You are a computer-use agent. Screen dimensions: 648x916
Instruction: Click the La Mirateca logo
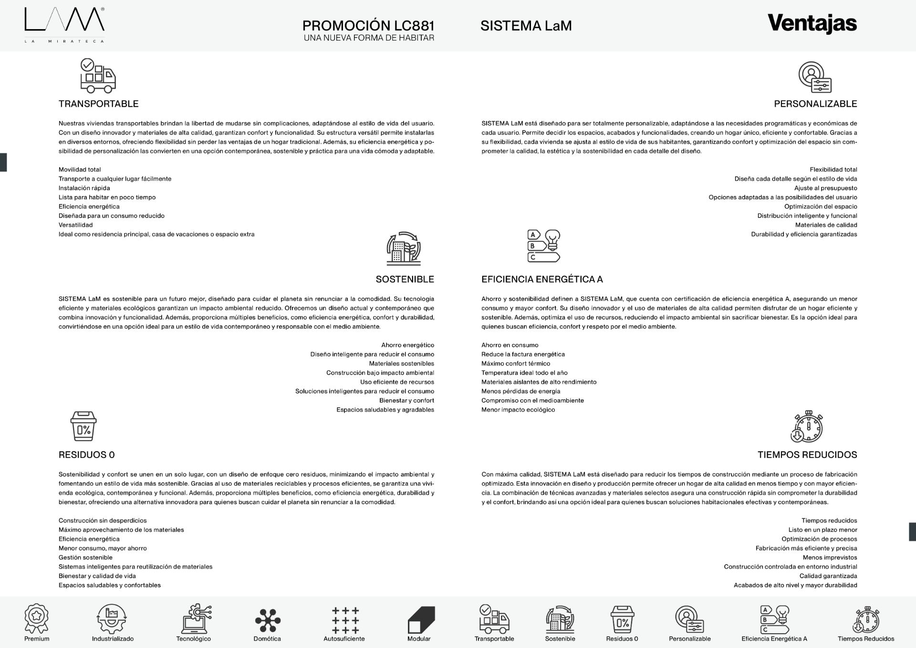(x=64, y=25)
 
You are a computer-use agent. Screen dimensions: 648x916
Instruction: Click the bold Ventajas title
(x=812, y=23)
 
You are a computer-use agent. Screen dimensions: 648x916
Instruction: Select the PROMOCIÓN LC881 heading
(x=368, y=25)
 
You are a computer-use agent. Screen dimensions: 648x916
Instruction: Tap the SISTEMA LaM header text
(x=526, y=26)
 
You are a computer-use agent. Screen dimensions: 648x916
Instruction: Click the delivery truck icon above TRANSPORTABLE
(x=98, y=75)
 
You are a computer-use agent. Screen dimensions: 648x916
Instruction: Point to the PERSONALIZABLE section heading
(x=815, y=104)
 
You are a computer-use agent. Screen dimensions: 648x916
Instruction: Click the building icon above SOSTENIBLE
(x=404, y=248)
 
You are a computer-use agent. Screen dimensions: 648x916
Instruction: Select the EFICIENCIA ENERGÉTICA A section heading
(x=542, y=280)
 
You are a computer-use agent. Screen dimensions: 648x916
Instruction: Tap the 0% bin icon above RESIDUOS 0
(x=83, y=426)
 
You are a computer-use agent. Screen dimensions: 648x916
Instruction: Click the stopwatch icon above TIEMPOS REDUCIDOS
(x=807, y=427)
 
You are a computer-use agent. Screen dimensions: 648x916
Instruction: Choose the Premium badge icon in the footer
(x=37, y=619)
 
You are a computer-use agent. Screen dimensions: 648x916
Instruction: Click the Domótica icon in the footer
(x=267, y=620)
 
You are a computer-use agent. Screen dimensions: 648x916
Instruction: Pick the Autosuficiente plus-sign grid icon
(x=345, y=620)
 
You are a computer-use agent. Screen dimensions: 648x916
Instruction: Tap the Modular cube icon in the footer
(x=421, y=619)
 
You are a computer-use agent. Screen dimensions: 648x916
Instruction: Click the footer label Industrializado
(x=113, y=639)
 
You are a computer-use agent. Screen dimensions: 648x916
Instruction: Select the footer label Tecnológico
(x=193, y=639)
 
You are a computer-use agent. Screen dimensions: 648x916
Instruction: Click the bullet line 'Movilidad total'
(x=80, y=170)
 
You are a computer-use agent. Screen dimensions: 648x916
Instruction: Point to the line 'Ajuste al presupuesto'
(x=825, y=188)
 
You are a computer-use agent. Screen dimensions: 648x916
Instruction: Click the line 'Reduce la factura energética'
(x=523, y=355)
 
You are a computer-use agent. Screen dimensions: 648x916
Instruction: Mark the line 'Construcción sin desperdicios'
(x=103, y=521)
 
